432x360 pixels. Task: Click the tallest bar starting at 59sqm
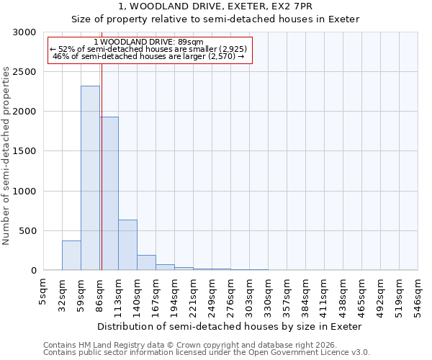(90, 178)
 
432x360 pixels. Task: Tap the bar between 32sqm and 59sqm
(71, 256)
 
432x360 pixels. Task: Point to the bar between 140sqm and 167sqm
(146, 263)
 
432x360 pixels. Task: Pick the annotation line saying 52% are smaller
(148, 50)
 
